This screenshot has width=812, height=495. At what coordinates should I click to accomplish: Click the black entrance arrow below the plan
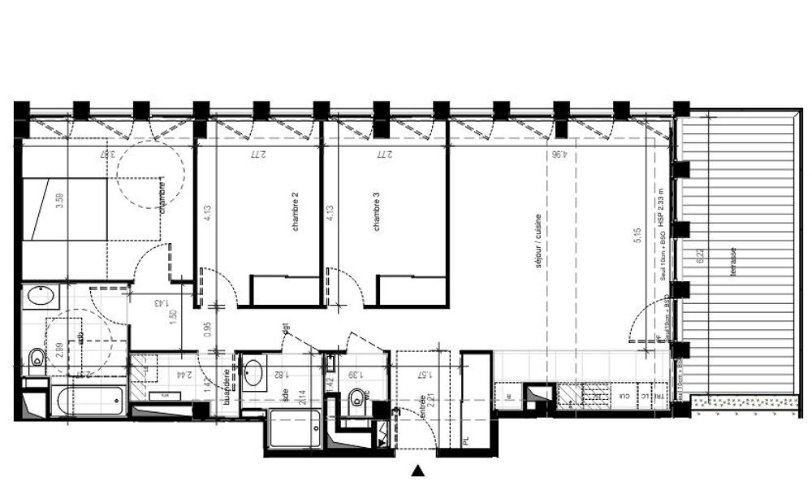tap(417, 470)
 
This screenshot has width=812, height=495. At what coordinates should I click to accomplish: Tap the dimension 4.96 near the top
tap(558, 153)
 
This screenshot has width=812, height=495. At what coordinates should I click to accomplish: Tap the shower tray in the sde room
tap(295, 428)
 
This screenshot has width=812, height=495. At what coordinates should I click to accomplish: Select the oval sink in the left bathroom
tap(41, 295)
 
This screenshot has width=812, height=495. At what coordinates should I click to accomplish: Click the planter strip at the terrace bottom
tap(742, 402)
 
